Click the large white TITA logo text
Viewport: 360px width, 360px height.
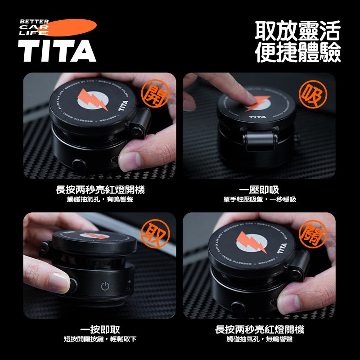point(57,50)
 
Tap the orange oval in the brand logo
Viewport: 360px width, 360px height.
point(67,27)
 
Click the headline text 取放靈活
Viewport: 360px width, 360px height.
point(297,31)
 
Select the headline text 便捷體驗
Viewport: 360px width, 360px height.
point(297,52)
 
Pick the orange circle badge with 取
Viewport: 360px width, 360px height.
point(153,233)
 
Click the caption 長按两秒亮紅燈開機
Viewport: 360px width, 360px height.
point(100,190)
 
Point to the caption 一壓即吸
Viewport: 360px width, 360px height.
point(259,190)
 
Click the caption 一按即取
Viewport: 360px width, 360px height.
point(100,330)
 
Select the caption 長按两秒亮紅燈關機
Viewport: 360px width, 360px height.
point(260,330)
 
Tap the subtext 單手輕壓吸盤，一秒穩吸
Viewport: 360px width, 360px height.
point(260,199)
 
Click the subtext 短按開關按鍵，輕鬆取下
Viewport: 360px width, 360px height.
point(100,339)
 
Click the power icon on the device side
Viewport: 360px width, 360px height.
point(105,286)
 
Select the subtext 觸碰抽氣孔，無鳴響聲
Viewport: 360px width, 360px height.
point(260,339)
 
